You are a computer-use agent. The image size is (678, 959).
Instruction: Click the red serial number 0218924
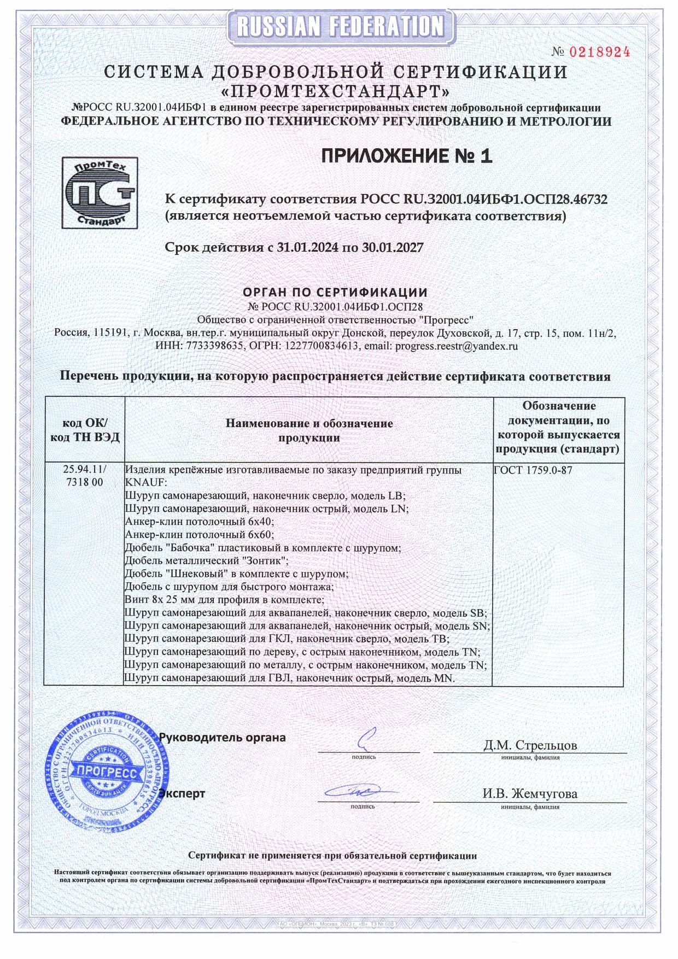pos(600,52)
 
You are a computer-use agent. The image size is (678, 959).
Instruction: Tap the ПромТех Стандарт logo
pos(99,193)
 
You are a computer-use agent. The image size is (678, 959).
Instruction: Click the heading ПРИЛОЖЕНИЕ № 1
pos(406,156)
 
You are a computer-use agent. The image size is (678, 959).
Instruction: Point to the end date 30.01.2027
pos(393,248)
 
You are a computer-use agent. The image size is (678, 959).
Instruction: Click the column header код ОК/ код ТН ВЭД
pos(84,430)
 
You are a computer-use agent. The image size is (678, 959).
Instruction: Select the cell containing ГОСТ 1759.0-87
pos(533,470)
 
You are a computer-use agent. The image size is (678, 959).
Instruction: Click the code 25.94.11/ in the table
pos(85,470)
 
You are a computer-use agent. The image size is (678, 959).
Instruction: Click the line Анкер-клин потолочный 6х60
pos(199,534)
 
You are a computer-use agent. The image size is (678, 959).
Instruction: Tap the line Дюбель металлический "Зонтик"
pos(206,560)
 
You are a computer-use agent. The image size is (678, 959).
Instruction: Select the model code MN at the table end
pos(443,679)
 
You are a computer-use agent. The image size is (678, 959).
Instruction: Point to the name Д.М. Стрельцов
pos(529,745)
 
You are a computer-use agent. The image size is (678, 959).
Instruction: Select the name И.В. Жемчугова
pos(529,793)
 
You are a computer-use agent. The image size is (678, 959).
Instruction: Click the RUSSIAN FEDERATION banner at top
pos(338,26)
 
